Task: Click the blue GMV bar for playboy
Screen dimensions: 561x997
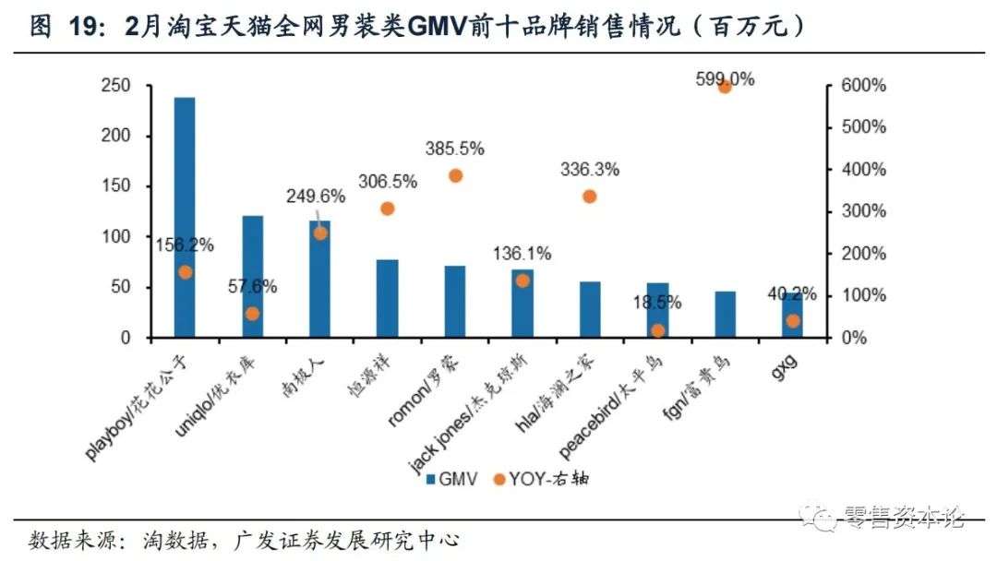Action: (x=185, y=217)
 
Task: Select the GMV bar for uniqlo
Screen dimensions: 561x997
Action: (x=252, y=277)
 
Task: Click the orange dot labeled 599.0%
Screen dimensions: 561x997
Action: (x=725, y=86)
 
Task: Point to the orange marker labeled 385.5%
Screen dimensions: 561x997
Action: (x=455, y=175)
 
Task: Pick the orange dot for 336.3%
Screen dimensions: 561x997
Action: (x=590, y=197)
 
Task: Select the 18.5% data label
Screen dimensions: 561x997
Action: (x=657, y=302)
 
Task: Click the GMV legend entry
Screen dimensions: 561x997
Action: (x=450, y=478)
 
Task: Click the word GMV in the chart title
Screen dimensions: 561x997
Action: (x=438, y=28)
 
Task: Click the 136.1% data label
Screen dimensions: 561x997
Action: (x=522, y=253)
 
